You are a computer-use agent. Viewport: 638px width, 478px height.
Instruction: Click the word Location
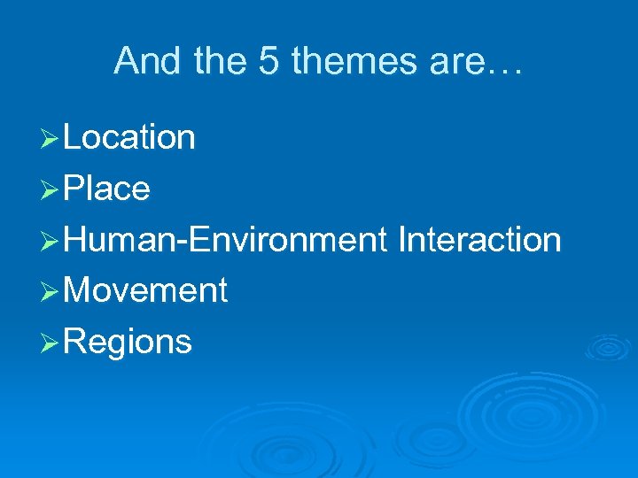[x=129, y=138]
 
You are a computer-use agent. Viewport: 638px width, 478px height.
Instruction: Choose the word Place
[x=107, y=189]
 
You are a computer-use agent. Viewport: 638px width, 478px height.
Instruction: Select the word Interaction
[x=479, y=240]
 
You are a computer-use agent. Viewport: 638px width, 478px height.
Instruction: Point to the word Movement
[x=146, y=290]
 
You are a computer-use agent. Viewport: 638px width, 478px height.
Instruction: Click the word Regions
[x=128, y=342]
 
